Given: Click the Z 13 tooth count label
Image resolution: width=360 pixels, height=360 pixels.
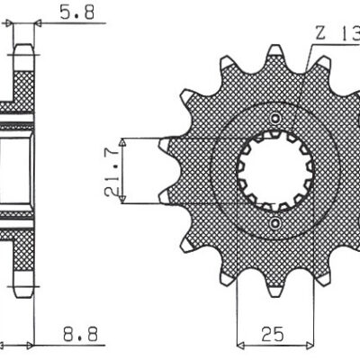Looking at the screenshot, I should pyautogui.click(x=335, y=34).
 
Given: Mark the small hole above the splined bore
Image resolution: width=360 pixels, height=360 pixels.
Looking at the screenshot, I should pyautogui.click(x=274, y=120).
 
